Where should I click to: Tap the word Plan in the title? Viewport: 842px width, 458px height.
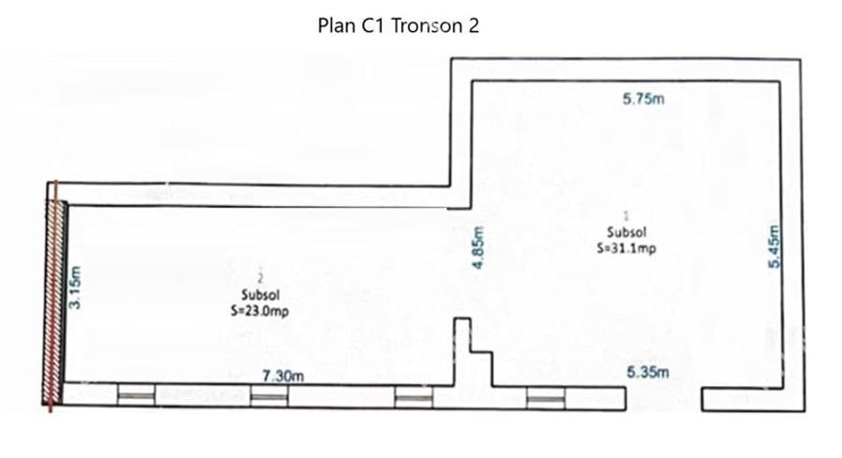[336, 25]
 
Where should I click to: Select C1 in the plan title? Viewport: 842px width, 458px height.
[373, 25]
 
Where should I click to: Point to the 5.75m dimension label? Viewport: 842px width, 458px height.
[643, 100]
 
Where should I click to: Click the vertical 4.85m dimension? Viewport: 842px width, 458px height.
[477, 249]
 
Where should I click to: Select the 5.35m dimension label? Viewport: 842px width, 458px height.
[648, 372]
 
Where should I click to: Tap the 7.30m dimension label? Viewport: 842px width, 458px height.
[283, 376]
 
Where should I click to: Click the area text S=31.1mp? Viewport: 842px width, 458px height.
[627, 249]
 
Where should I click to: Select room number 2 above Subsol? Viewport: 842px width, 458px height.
[261, 277]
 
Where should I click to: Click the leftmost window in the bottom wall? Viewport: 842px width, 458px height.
[136, 397]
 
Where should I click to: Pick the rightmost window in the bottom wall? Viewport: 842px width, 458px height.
[545, 398]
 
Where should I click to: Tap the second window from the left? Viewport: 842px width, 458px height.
[269, 397]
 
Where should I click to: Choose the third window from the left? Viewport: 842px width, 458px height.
[414, 398]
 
